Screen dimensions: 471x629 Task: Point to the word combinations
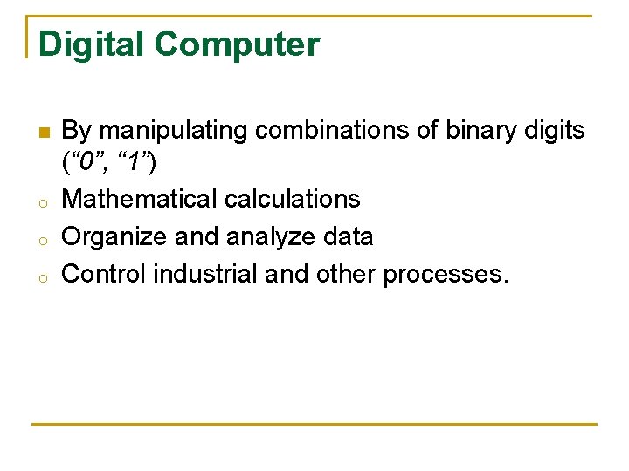coord(337,132)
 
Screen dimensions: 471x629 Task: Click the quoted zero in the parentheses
coord(86,162)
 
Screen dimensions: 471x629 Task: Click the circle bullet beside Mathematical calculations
coord(42,201)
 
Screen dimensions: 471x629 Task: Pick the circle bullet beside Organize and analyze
coord(42,239)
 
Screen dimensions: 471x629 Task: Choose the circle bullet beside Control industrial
coord(42,276)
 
